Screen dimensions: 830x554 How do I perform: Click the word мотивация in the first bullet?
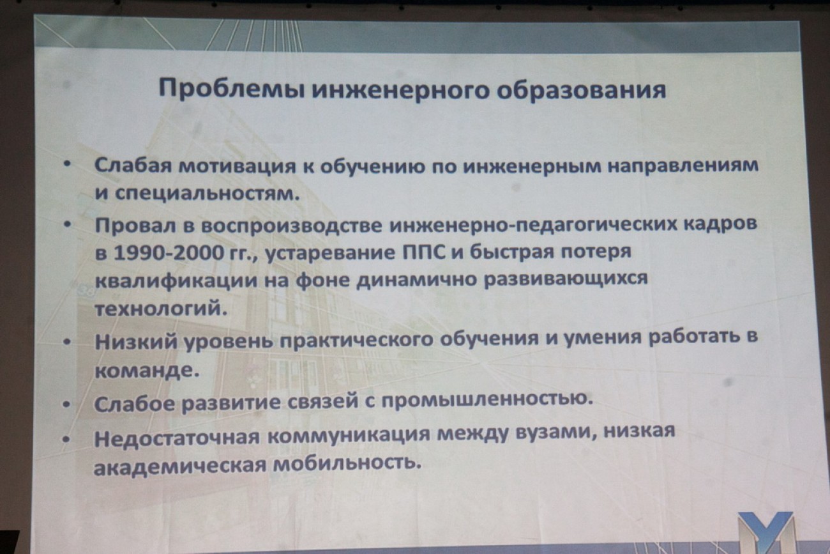point(238,165)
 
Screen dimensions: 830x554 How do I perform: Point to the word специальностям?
point(207,194)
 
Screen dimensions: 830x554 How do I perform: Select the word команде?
point(147,371)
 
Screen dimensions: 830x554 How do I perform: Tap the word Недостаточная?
point(177,439)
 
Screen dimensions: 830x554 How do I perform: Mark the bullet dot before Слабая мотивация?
point(67,164)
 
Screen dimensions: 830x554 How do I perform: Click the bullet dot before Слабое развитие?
point(66,405)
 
